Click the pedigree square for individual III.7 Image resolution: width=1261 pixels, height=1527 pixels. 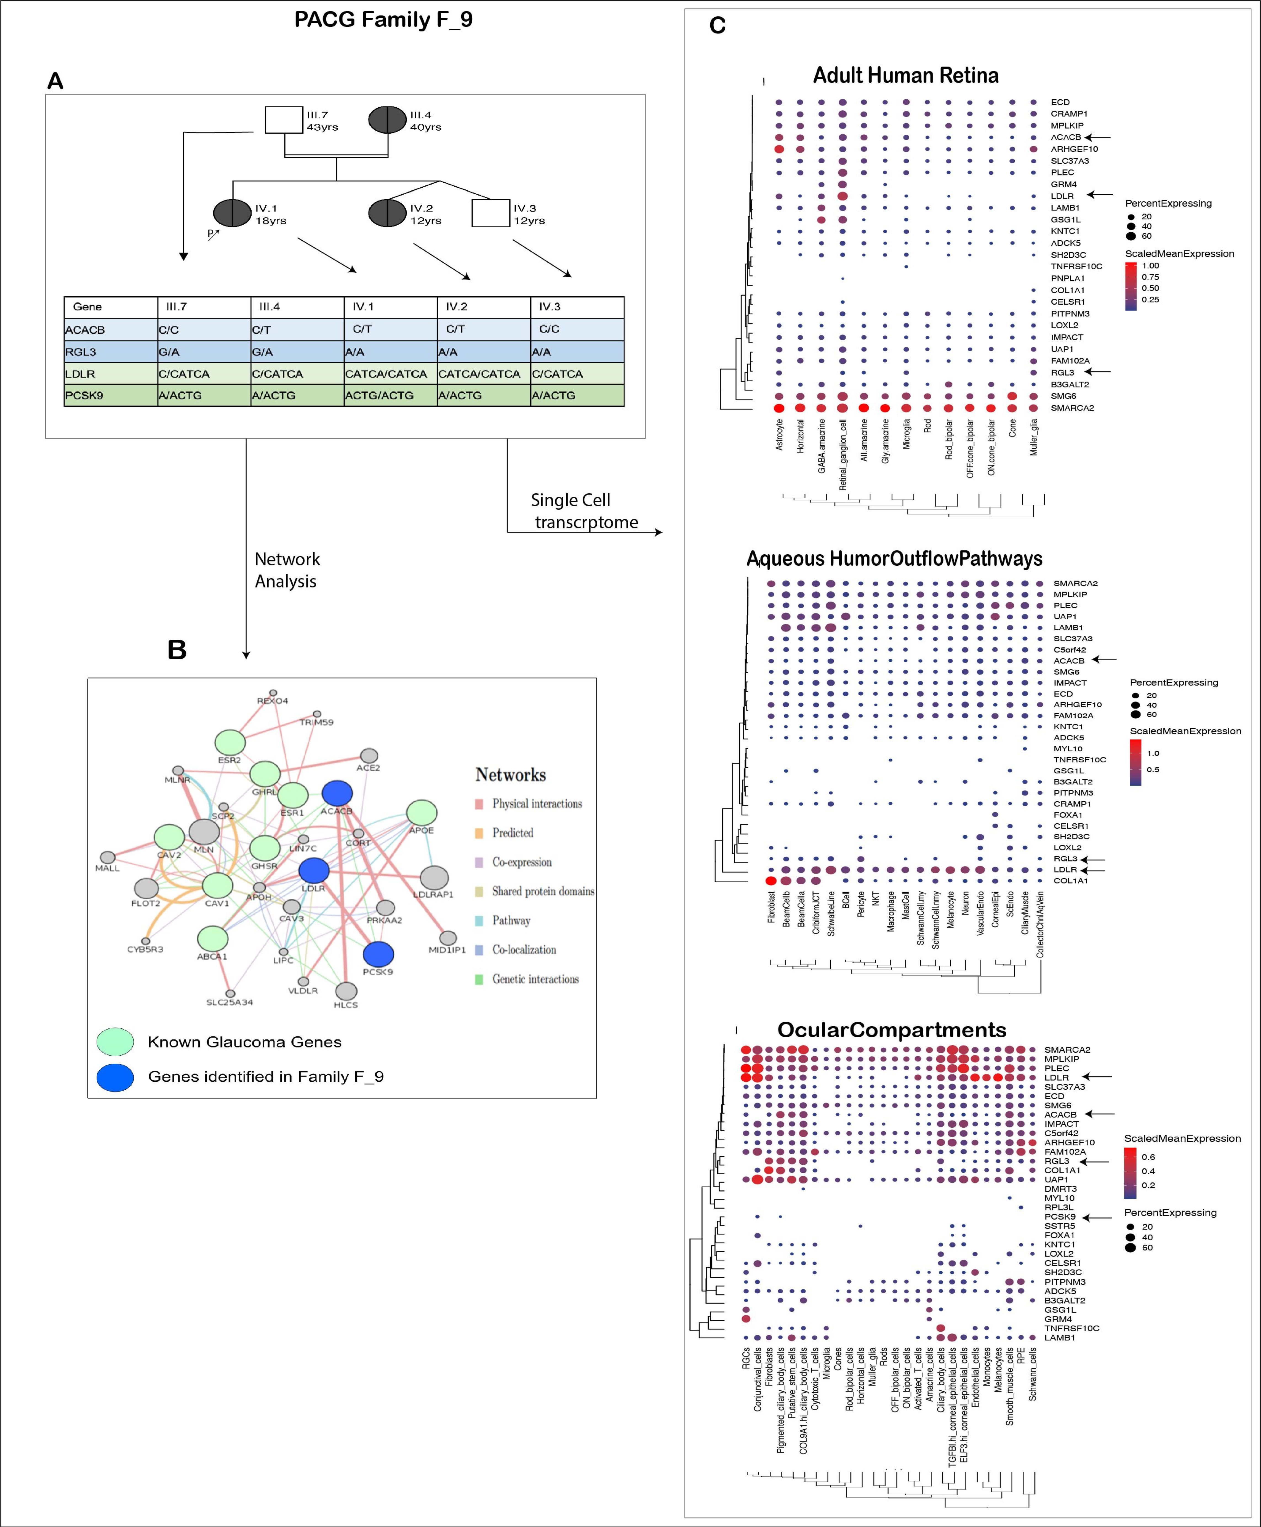tap(283, 120)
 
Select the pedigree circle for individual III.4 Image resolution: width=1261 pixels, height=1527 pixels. tap(387, 120)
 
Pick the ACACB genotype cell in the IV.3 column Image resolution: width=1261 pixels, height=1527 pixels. tap(577, 329)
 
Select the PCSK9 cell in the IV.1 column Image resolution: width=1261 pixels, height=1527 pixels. tap(390, 395)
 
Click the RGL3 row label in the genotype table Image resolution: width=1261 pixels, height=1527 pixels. tap(110, 352)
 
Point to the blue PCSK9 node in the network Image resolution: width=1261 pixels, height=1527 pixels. tap(378, 954)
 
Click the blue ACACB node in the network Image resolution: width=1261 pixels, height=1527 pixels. tap(337, 793)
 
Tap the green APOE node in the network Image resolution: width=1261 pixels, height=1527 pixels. tap(421, 813)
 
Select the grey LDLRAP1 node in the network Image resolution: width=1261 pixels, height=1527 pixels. tap(434, 877)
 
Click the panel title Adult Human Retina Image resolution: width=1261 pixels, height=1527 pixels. tap(905, 76)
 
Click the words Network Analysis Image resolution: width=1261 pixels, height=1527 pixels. tap(287, 570)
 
